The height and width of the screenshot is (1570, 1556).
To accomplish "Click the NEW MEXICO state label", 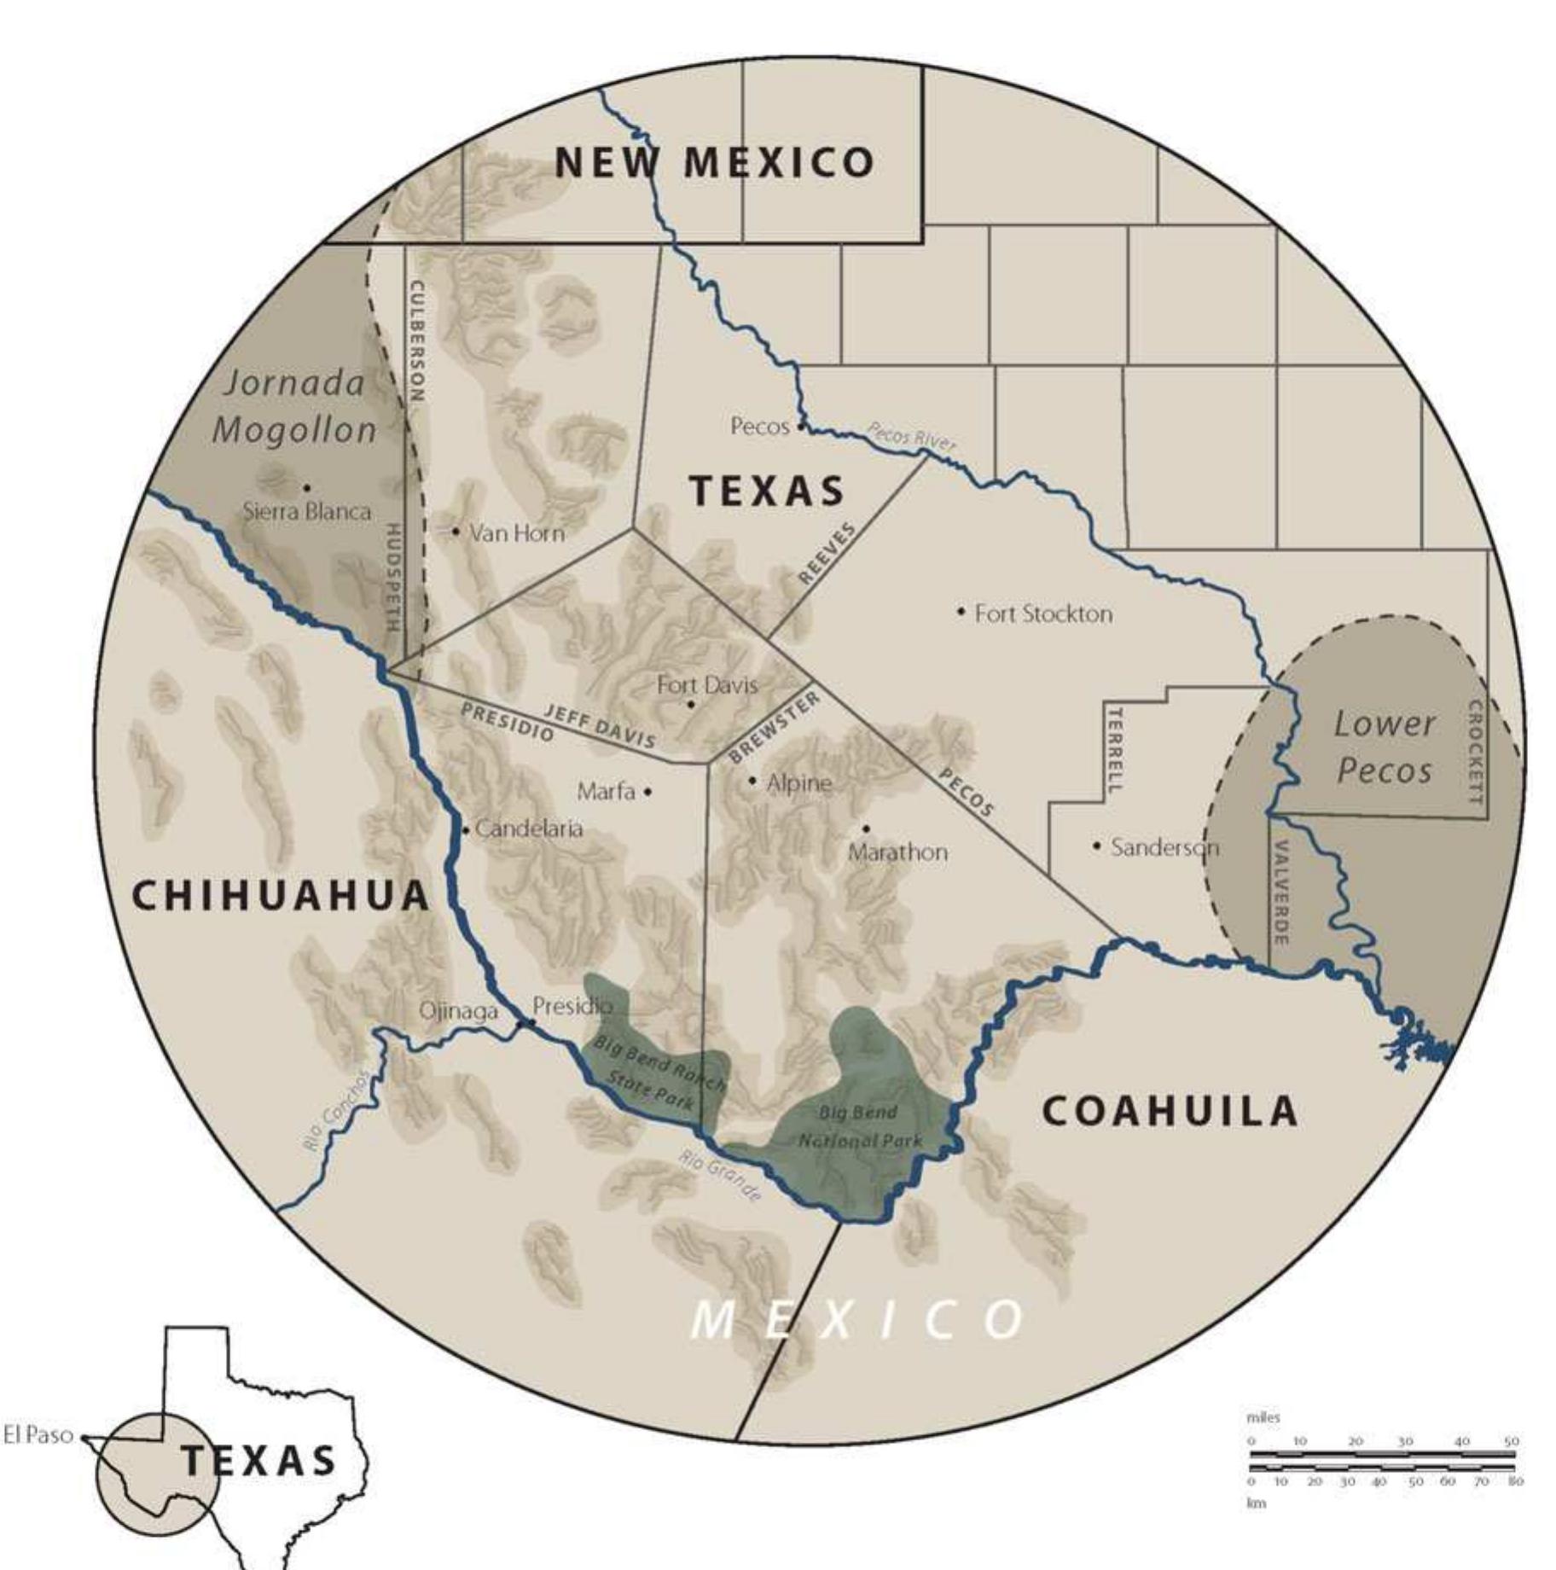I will (715, 162).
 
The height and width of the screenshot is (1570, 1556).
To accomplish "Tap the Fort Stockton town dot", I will (961, 611).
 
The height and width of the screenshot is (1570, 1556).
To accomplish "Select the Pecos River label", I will (911, 435).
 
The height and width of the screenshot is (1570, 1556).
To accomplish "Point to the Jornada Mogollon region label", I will (294, 406).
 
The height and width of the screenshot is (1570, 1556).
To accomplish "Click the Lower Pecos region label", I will (1384, 747).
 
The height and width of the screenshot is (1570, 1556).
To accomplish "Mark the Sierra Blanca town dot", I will (306, 488).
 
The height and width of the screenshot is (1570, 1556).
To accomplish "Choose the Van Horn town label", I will (517, 533).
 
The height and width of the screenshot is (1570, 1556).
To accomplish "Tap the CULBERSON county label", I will (417, 340).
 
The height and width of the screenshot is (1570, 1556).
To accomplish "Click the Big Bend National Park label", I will (860, 1126).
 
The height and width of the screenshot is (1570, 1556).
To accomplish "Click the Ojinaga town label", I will (458, 1011).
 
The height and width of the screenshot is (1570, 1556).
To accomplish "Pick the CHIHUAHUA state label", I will (281, 895).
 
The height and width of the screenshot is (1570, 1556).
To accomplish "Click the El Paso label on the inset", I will (38, 1435).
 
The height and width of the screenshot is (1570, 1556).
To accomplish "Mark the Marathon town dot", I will (866, 829).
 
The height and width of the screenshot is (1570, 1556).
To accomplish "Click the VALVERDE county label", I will (1280, 892).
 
